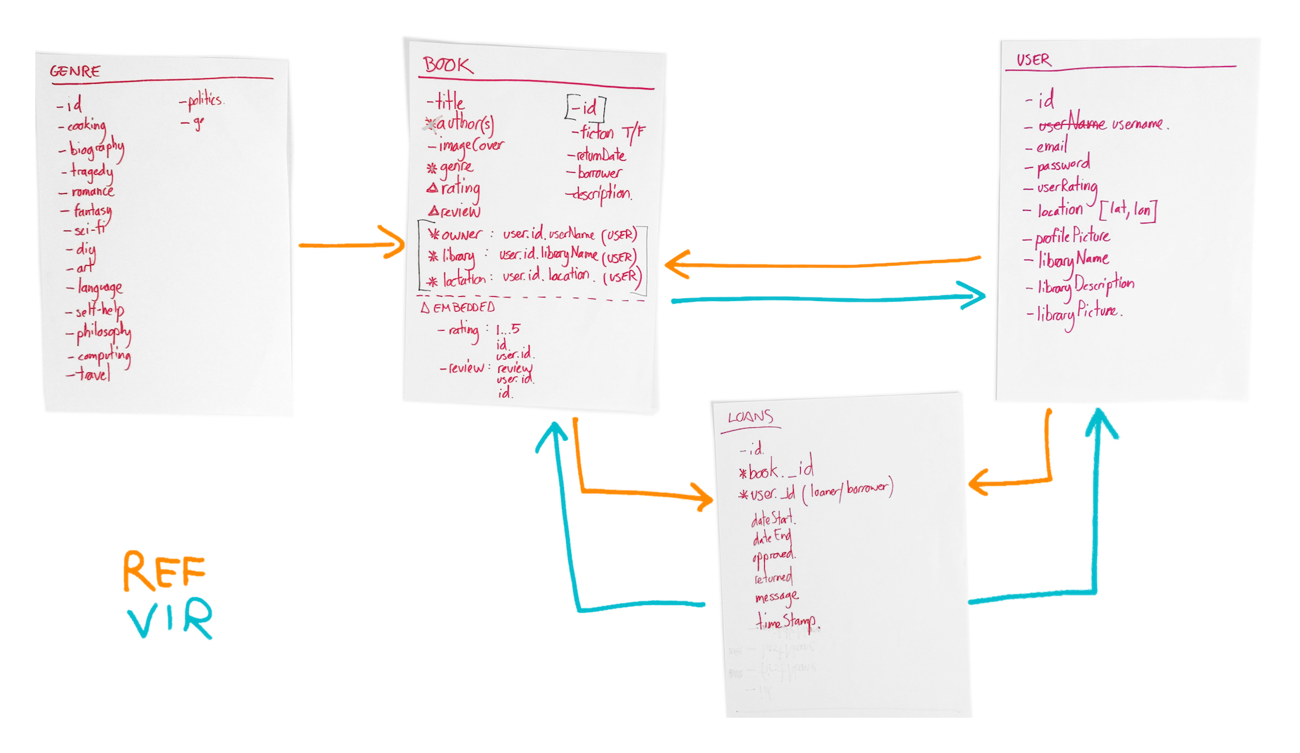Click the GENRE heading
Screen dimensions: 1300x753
point(75,71)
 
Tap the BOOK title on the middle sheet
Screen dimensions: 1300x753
point(448,66)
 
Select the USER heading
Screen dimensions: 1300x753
point(1034,60)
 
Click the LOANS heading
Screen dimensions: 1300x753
point(750,417)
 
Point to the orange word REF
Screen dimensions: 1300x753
point(164,570)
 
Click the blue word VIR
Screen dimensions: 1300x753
point(170,618)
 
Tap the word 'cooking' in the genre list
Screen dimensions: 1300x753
point(87,126)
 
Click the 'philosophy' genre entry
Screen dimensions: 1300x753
point(103,331)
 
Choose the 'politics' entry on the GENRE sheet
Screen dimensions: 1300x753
point(205,101)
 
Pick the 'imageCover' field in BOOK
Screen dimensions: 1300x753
point(470,146)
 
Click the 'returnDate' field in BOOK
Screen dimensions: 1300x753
point(601,155)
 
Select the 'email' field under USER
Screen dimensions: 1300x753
point(1051,146)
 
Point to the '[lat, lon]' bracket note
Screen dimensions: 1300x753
point(1128,209)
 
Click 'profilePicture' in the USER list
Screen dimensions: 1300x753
point(1072,236)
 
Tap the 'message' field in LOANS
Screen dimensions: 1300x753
point(776,598)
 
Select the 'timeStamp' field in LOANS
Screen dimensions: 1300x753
point(787,621)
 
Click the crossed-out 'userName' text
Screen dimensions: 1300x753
point(1072,123)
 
